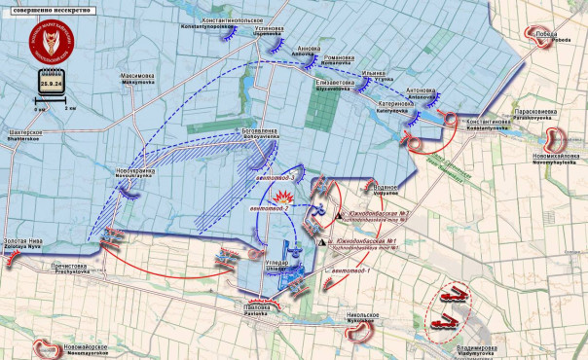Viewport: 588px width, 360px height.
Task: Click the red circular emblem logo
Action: (x=55, y=42)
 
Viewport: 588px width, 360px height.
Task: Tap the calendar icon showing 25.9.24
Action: (x=52, y=85)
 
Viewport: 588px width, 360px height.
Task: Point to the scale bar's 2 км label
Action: (x=70, y=109)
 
